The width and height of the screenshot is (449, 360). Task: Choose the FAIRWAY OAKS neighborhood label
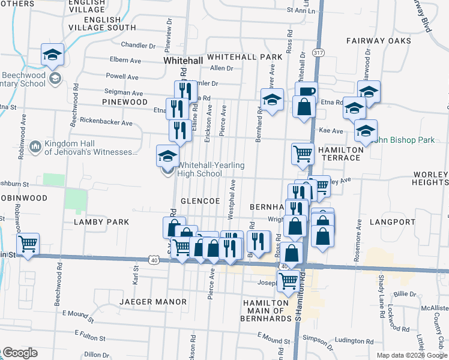(x=379, y=41)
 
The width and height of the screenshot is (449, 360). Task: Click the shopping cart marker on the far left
(x=28, y=244)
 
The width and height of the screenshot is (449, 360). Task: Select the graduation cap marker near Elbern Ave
(x=53, y=54)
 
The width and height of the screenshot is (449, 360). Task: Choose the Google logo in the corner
(x=19, y=353)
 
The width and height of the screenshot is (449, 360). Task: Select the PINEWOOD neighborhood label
(x=125, y=102)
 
